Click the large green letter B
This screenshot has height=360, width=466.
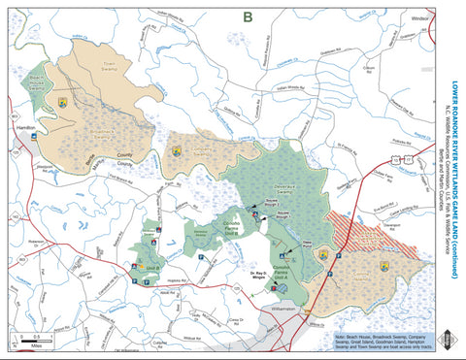[x=248, y=16]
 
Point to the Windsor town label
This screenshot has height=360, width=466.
[x=419, y=17]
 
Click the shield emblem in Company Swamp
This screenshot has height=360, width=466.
[x=177, y=152]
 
